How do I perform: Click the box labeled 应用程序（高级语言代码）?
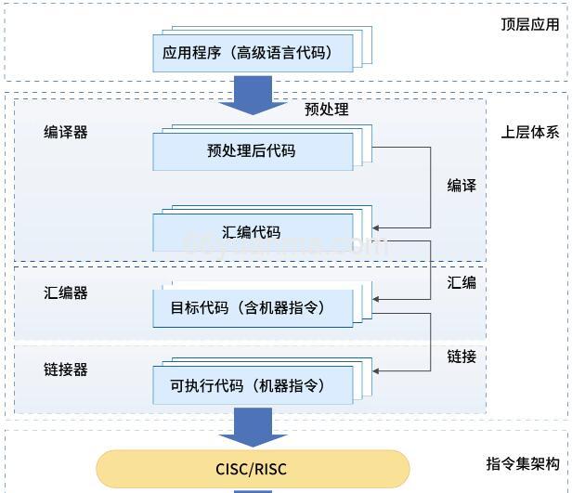(253, 54)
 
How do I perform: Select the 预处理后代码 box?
(253, 150)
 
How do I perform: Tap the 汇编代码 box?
(253, 232)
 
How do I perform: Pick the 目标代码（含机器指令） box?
(253, 306)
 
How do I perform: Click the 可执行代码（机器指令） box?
(253, 383)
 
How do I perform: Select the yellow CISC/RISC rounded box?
(253, 469)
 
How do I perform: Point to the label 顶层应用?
(530, 24)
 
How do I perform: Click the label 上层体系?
(530, 132)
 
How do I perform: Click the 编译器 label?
(66, 133)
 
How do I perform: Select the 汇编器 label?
(66, 292)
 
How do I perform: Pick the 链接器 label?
(66, 370)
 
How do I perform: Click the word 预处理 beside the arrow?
(327, 110)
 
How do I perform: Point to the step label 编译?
(461, 186)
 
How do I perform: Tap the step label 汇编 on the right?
(461, 282)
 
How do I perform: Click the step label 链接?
(461, 357)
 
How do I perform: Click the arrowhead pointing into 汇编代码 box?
(377, 227)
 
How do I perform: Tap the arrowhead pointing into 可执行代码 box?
(377, 371)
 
